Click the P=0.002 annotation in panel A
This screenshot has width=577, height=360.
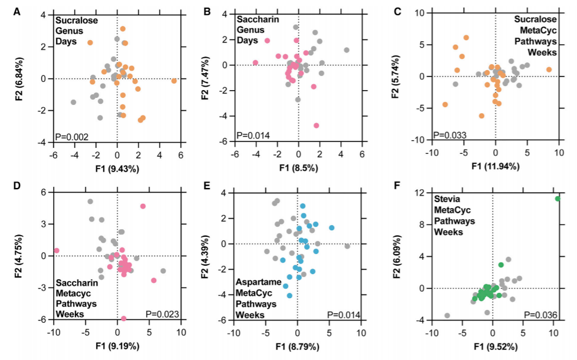tap(72, 137)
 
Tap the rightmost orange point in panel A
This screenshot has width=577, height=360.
tap(174, 81)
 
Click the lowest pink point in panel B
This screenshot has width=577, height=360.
tap(316, 125)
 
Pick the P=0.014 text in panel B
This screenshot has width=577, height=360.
tap(253, 136)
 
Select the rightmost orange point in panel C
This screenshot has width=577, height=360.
tap(549, 70)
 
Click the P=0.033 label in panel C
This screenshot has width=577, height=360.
tap(450, 136)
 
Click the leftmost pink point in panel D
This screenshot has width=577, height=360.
tap(57, 250)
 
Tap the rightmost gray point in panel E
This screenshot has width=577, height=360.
tap(347, 246)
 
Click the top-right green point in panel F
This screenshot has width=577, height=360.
tap(558, 199)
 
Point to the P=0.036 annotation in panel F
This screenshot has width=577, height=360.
tap(540, 314)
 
